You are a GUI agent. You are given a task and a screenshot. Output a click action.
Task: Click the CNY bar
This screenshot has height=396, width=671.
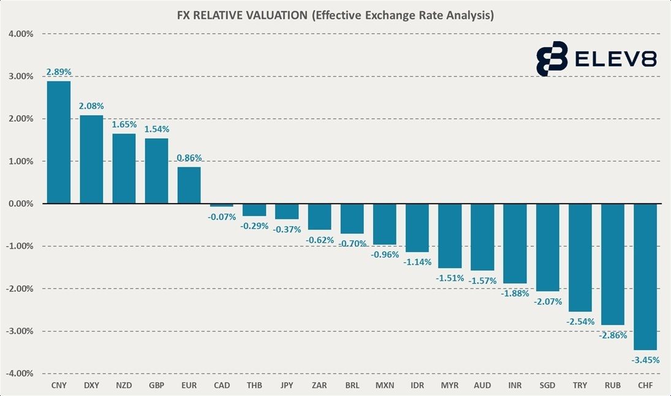tap(59, 142)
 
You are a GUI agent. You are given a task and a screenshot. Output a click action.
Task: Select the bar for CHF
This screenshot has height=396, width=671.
tap(645, 276)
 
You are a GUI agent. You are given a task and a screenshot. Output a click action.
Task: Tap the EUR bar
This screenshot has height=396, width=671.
tap(189, 185)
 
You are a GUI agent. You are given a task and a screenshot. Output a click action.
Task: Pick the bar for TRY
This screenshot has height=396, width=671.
tap(580, 257)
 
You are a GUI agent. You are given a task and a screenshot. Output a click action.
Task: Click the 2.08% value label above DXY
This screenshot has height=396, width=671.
tap(91, 106)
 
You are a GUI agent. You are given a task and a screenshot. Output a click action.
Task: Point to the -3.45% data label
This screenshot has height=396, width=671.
tap(645, 360)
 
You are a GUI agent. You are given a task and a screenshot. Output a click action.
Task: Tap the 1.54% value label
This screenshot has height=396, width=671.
tap(157, 129)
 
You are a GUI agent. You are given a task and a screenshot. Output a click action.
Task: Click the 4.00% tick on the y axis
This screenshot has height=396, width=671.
tap(21, 34)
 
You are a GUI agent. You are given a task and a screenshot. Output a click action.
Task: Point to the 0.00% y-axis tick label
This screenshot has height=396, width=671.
tap(21, 204)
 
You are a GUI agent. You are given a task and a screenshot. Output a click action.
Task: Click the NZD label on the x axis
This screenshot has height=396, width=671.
tap(124, 386)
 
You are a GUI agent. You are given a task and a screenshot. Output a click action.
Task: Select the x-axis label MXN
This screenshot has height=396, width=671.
tap(385, 386)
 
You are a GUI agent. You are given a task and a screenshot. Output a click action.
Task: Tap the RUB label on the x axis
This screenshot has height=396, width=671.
tap(613, 386)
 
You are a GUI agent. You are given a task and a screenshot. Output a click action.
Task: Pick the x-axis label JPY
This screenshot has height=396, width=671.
tap(287, 386)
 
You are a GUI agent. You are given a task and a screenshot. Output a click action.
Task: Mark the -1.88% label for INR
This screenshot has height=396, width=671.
tap(515, 293)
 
